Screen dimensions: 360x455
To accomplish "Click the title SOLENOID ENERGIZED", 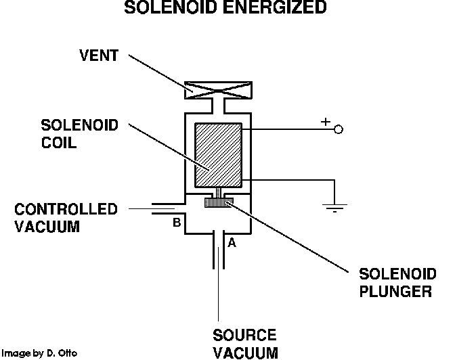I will [x=225, y=9].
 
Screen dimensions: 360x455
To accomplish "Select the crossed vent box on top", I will [x=218, y=89].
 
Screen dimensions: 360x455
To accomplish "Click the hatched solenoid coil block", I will [x=217, y=155].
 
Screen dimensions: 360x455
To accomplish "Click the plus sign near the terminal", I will [x=325, y=122].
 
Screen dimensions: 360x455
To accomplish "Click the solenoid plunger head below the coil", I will [x=218, y=201].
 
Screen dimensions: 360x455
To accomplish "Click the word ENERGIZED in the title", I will [x=279, y=9].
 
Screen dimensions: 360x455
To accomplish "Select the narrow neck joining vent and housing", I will [x=218, y=105].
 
